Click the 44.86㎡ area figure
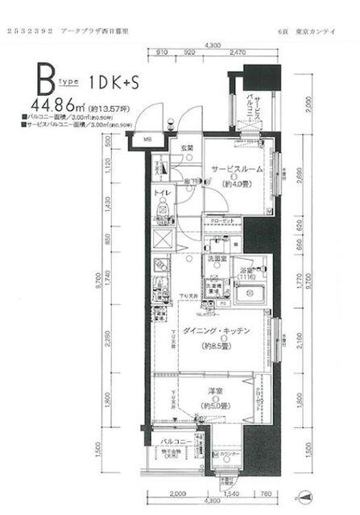[60, 105]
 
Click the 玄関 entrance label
[187, 148]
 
